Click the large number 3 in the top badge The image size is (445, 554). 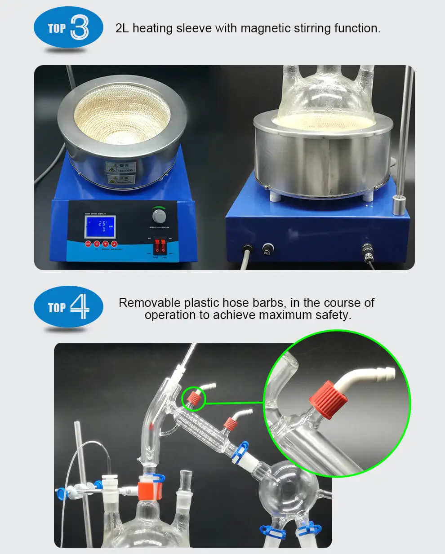(80, 27)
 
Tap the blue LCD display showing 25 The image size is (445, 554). (100, 227)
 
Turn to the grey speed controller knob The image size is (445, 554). (159, 217)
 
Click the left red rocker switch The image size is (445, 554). (157, 246)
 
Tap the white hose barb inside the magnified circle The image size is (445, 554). (369, 376)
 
